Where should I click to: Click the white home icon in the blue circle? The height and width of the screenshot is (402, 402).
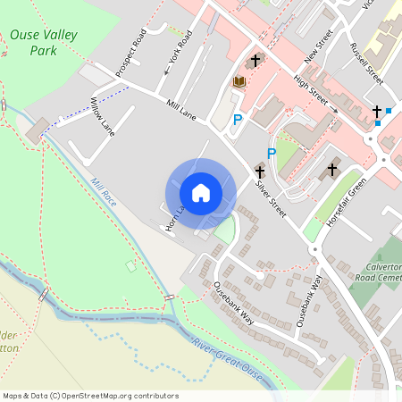(201, 193)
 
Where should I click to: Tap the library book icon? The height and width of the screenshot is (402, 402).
(239, 82)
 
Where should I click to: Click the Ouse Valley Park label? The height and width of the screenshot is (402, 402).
(44, 43)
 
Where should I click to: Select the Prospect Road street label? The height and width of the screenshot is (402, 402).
(131, 53)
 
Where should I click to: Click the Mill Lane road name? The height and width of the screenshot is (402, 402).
(181, 109)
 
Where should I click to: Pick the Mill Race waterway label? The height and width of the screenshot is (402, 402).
(105, 189)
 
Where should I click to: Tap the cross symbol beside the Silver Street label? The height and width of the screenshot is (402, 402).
(260, 171)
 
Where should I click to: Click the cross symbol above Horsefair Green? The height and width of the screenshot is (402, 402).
(333, 168)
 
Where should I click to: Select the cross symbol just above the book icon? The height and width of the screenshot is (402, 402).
(255, 61)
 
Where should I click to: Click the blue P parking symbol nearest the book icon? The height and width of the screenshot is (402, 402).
(238, 120)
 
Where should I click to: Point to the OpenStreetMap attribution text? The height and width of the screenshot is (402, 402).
(90, 396)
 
